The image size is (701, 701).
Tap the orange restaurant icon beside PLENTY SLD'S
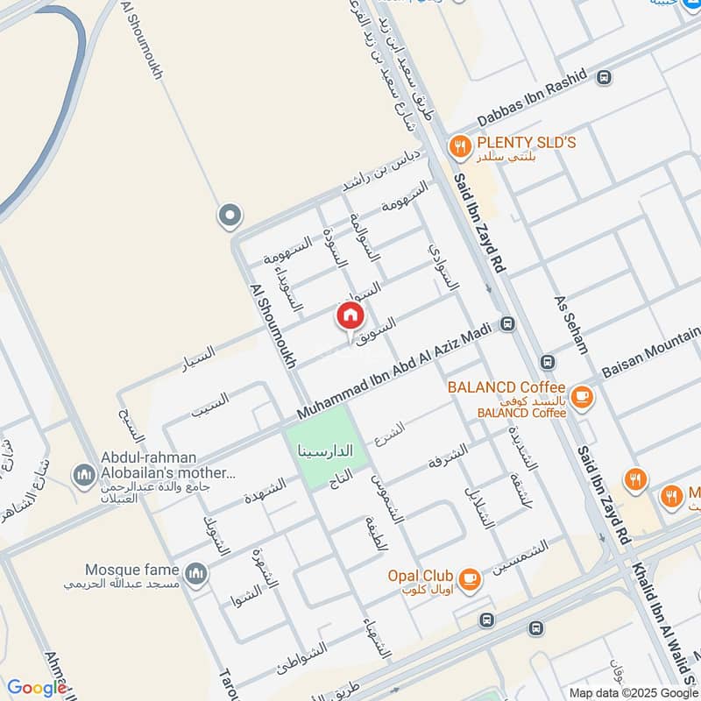coord(457,145)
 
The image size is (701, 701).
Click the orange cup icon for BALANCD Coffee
coord(581,398)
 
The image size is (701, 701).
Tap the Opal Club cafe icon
coord(471,578)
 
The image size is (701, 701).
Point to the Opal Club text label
coord(421,576)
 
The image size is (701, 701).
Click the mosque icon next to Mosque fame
coord(198,574)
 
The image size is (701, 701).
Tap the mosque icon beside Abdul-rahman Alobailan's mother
coord(85,475)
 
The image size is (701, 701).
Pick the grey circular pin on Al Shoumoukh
coord(230,214)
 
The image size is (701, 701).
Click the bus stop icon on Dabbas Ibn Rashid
coord(603,78)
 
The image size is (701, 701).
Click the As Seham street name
coord(571,324)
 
